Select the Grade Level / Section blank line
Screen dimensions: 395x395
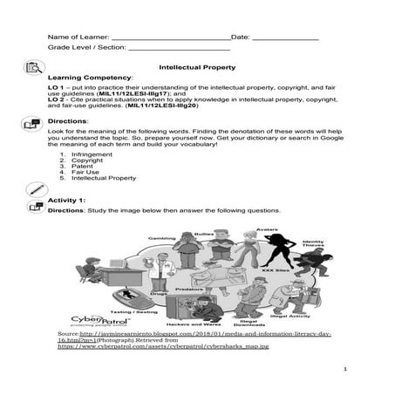coord(166,51)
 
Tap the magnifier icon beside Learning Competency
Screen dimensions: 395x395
coord(35,68)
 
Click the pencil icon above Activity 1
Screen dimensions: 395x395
coord(35,188)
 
